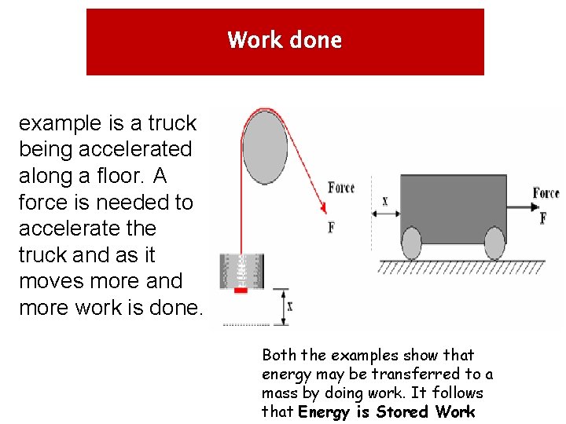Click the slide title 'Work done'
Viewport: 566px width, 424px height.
pos(285,40)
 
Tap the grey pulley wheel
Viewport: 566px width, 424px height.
pos(265,148)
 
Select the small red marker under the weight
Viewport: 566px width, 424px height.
pos(241,291)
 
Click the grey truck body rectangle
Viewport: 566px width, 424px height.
pos(452,207)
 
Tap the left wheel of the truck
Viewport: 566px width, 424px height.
pos(412,243)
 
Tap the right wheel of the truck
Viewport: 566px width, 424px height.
pos(494,243)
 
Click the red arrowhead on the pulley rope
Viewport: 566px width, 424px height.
pos(322,209)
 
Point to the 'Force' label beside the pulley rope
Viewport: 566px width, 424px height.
pos(341,187)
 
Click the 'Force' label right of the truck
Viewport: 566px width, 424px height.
pos(546,193)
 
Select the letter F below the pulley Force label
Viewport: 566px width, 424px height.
pos(331,227)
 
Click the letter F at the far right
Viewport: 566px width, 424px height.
pos(543,218)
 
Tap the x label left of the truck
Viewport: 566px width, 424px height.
pos(384,201)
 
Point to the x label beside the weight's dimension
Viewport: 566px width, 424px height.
pos(290,307)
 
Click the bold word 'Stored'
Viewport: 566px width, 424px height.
pos(402,411)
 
